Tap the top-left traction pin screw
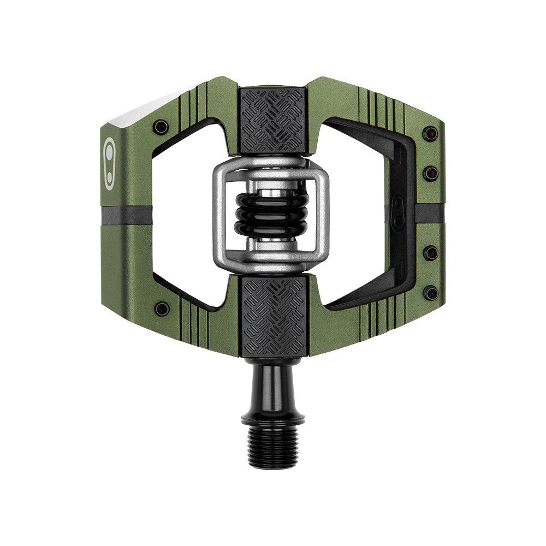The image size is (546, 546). click(x=161, y=127)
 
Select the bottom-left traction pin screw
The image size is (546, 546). click(x=162, y=308)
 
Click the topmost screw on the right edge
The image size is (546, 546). click(x=430, y=133)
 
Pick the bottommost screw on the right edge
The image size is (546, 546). click(x=430, y=293)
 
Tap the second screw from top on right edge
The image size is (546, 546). click(x=431, y=174)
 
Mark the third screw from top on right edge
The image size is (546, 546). click(x=431, y=252)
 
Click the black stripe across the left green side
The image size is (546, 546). click(x=127, y=215)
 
